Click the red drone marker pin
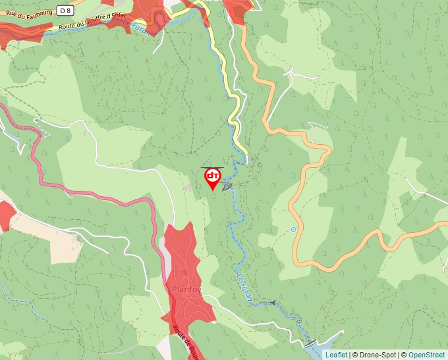pos(213,179)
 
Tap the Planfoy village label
pos(186,289)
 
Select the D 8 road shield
pos(64,10)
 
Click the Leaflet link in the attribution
pos(336,355)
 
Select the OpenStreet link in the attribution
pos(426,355)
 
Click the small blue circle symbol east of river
pos(293,229)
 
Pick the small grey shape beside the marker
pos(228,188)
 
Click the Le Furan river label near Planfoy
pos(244,288)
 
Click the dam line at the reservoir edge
pos(310,344)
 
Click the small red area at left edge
pos(6,215)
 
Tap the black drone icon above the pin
pos(212,168)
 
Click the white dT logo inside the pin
pos(213,176)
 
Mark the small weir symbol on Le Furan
pos(271,303)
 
